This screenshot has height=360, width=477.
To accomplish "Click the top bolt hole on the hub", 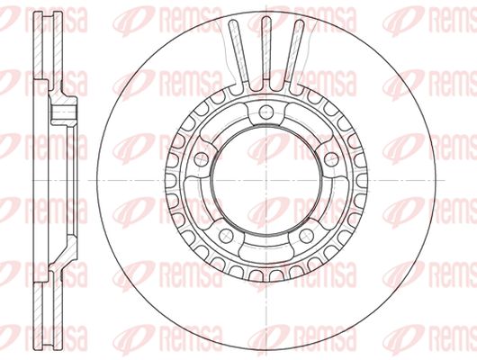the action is click(266, 112).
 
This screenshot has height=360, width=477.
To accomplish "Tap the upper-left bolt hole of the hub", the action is click(202, 159).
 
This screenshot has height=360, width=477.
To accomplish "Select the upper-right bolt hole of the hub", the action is click(331, 159).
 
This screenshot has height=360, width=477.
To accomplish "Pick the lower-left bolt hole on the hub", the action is click(226, 235).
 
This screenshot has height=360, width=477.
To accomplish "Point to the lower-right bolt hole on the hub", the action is click(306, 235).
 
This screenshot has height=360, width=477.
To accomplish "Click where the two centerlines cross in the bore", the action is click(266, 180).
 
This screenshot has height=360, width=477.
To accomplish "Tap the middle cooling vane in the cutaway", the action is click(266, 52).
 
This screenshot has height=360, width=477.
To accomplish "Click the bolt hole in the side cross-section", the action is click(63, 112).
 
